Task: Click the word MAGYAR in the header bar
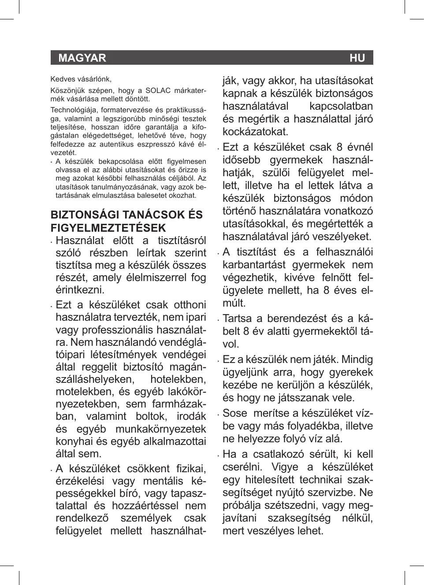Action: tap(82, 58)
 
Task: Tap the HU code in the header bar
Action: tap(357, 58)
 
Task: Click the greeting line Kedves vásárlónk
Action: tap(81, 79)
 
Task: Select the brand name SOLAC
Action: tap(158, 91)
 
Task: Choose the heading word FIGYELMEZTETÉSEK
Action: tap(108, 228)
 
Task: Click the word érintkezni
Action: tap(80, 290)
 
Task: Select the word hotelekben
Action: tap(178, 379)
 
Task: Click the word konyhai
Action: tap(73, 441)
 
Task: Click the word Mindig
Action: tap(357, 359)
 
